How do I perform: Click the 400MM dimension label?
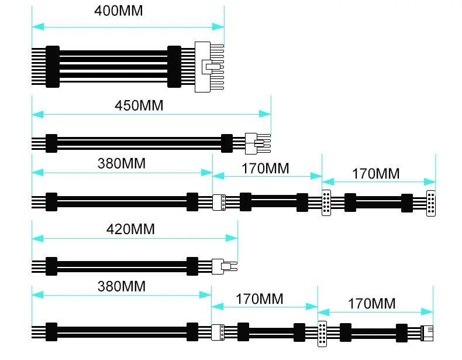(x=119, y=11)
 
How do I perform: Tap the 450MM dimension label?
(x=139, y=105)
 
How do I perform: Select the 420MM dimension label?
(x=130, y=229)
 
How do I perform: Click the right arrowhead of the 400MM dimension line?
(x=218, y=27)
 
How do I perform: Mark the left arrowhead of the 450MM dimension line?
(x=37, y=114)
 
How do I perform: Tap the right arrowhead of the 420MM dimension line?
(x=232, y=238)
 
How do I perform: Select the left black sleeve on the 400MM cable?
(x=53, y=67)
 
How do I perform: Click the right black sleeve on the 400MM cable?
(x=174, y=67)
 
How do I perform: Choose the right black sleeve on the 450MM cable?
(x=227, y=143)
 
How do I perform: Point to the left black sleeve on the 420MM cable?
(x=51, y=266)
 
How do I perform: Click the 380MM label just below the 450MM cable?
(x=122, y=164)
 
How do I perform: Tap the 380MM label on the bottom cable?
(x=122, y=286)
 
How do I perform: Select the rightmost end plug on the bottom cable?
(x=427, y=334)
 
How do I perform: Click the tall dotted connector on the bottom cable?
(x=322, y=334)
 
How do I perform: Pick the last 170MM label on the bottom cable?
(x=372, y=304)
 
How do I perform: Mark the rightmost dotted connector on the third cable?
(x=431, y=204)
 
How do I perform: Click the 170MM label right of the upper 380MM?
(x=266, y=169)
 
